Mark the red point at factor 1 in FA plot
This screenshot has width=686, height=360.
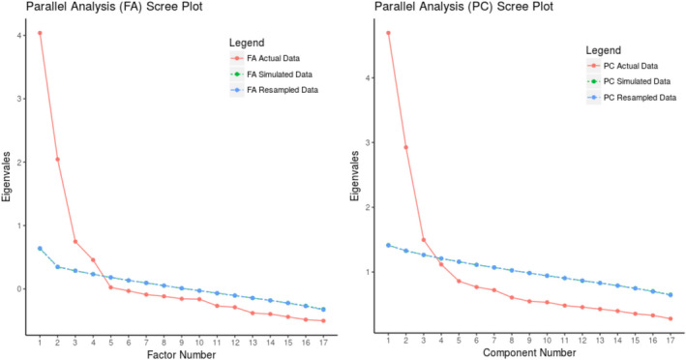point(40,33)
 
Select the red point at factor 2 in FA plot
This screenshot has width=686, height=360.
point(57,159)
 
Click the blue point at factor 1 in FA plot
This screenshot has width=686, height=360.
point(40,249)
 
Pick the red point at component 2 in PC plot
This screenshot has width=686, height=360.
point(406,147)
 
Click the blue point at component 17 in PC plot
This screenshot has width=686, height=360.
point(671,294)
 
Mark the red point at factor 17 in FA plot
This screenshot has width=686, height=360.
point(323,320)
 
